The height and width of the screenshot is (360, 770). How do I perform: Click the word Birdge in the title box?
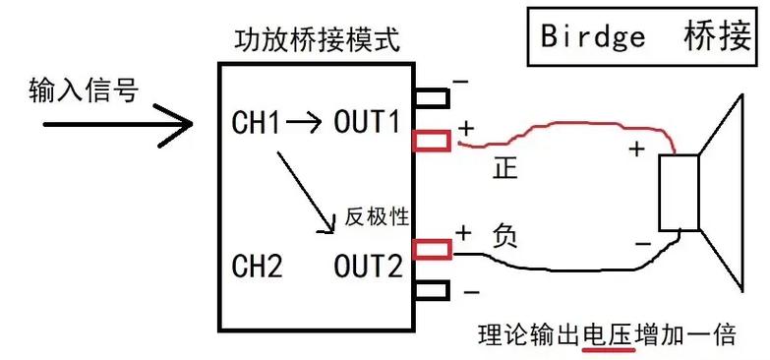(593, 36)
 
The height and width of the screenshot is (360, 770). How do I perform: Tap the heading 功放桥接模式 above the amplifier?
(318, 40)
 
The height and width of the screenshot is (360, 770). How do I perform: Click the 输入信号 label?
(84, 90)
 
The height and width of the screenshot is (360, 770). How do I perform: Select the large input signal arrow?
(118, 125)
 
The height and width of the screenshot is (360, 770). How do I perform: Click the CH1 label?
(256, 123)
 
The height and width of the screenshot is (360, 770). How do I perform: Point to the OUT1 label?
(368, 122)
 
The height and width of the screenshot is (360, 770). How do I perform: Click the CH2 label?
(257, 266)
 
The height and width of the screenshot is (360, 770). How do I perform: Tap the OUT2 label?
(369, 266)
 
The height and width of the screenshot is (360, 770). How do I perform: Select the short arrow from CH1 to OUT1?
(305, 121)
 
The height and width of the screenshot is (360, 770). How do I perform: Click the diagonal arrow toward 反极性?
(306, 192)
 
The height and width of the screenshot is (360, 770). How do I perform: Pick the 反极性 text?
(377, 216)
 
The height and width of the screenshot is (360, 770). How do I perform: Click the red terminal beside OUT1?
(431, 141)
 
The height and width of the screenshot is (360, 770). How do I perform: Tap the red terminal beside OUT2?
(432, 249)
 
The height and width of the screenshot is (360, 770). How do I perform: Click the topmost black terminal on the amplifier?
(431, 97)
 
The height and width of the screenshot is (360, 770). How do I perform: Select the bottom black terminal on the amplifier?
(431, 290)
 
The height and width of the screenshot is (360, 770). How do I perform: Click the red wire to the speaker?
(564, 124)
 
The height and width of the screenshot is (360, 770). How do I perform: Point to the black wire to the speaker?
(564, 269)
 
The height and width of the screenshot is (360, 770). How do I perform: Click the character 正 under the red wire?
(505, 169)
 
